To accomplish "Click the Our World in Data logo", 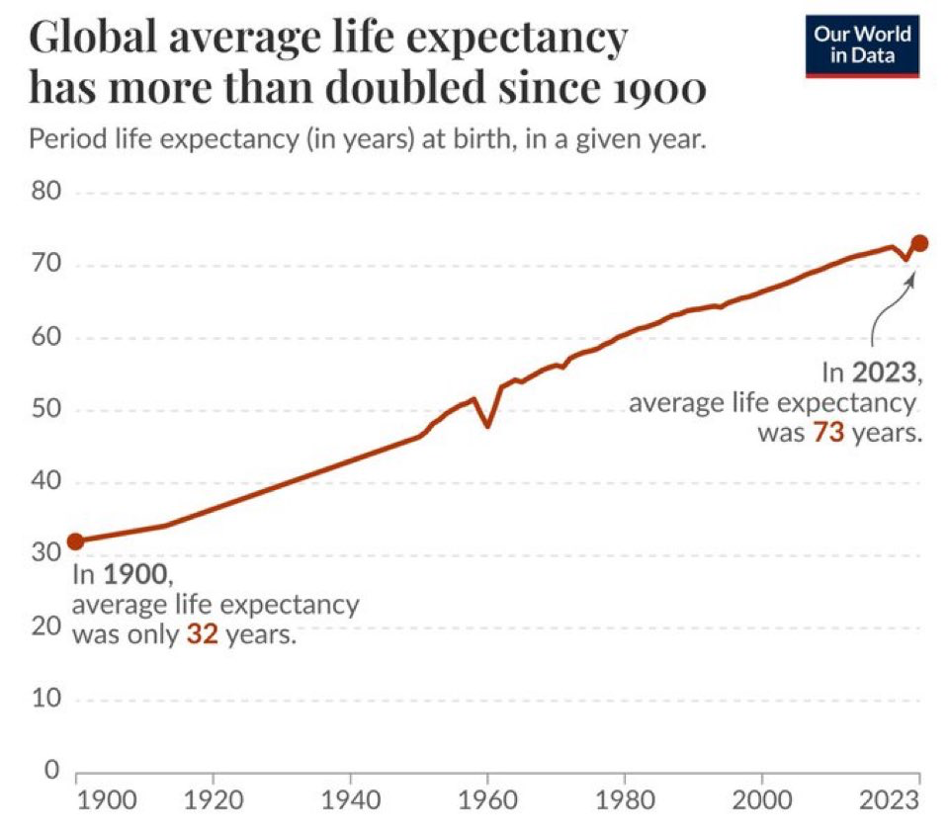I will pyautogui.click(x=862, y=45).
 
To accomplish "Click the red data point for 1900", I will pyautogui.click(x=75, y=541).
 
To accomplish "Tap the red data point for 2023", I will pyautogui.click(x=919, y=243).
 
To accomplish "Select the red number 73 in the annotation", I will pyautogui.click(x=828, y=433).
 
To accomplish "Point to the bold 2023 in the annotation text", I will pyautogui.click(x=886, y=375).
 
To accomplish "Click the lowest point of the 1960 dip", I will pyautogui.click(x=487, y=426).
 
